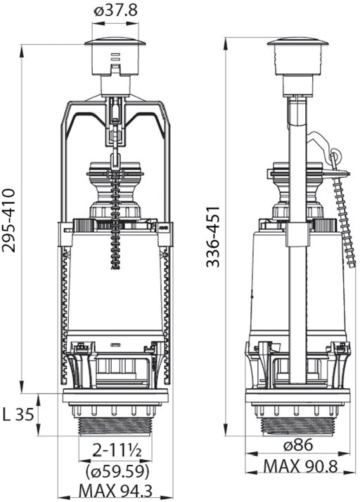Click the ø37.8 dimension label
(115, 11)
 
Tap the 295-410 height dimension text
(8, 221)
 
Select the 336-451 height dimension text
(213, 237)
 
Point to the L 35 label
(18, 416)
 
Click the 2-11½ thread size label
(117, 450)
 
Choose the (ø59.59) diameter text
(117, 471)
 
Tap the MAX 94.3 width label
(115, 491)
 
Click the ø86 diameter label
(298, 444)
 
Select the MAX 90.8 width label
(300, 466)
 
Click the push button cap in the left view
(115, 42)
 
